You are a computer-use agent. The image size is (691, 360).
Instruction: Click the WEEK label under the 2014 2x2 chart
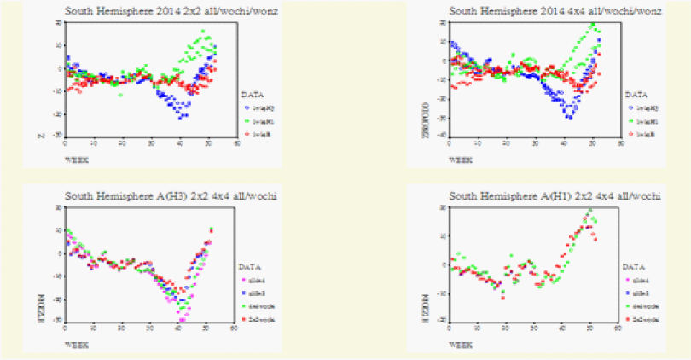pyautogui.click(x=77, y=158)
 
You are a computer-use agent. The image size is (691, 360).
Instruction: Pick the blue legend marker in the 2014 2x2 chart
pyautogui.click(x=247, y=108)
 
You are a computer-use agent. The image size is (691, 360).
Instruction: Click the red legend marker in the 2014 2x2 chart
pyautogui.click(x=247, y=135)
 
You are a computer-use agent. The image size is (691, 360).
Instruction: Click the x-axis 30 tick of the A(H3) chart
pyautogui.click(x=149, y=328)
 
